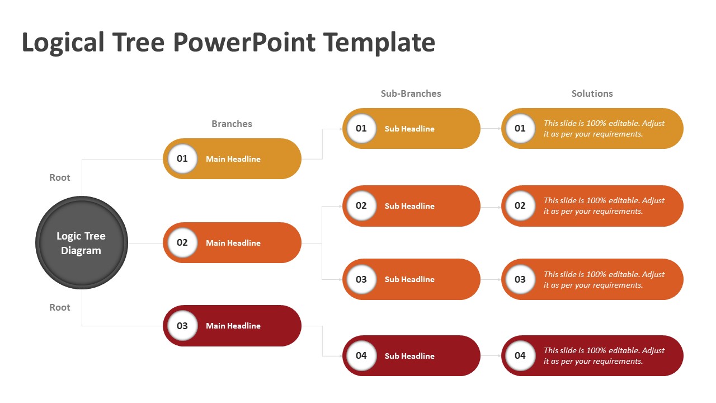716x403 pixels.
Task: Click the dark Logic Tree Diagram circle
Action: (82, 243)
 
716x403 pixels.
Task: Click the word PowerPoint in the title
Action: (244, 42)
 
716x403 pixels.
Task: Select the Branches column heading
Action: (232, 124)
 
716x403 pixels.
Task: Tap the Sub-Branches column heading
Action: (411, 93)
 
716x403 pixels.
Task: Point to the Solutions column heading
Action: (592, 93)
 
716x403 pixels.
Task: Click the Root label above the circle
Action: (59, 177)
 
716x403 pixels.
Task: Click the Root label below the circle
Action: (59, 307)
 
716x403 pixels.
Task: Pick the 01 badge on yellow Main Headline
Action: (182, 158)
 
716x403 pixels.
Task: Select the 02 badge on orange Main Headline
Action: (182, 242)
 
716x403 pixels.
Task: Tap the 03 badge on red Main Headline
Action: (182, 326)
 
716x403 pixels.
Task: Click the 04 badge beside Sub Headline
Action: (361, 355)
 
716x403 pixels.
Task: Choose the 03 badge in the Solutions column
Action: (520, 279)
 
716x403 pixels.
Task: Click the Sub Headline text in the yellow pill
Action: (409, 129)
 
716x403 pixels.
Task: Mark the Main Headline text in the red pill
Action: (233, 326)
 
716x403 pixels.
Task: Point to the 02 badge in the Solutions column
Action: (520, 205)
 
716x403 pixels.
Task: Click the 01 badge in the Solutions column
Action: (520, 128)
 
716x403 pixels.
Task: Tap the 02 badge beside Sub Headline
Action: (361, 205)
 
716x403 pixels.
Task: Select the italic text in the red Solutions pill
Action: (604, 355)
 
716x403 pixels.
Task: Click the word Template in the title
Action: (379, 42)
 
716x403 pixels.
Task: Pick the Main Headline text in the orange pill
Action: (233, 243)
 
